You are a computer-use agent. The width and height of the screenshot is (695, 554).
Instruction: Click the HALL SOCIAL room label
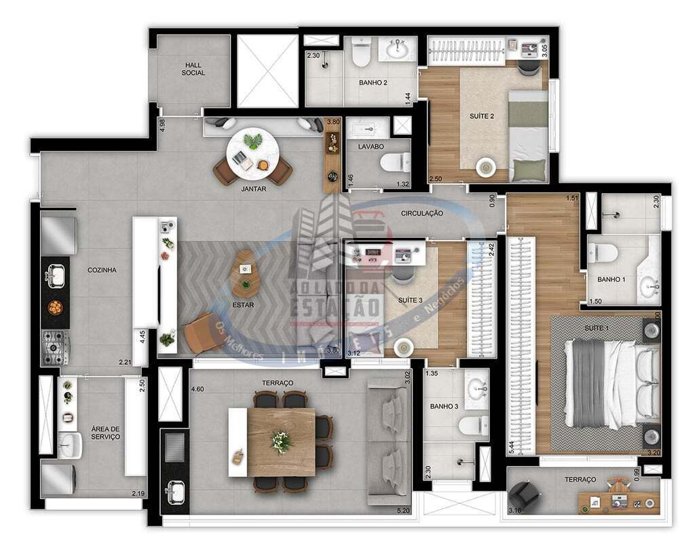(x=193, y=68)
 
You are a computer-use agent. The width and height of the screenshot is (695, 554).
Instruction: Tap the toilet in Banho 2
(x=360, y=54)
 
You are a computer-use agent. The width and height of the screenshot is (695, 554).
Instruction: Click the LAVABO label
(x=371, y=146)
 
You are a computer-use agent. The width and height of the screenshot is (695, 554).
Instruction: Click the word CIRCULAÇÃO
(x=421, y=213)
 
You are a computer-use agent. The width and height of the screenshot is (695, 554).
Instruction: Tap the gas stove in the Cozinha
(x=55, y=346)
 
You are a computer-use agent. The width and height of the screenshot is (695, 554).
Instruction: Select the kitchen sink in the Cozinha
(x=55, y=275)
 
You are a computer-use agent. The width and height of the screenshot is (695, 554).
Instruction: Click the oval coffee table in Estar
(x=245, y=274)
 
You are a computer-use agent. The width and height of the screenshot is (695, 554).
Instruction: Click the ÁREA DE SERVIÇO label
(x=105, y=433)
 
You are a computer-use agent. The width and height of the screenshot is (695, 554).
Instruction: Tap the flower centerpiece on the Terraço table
(x=281, y=442)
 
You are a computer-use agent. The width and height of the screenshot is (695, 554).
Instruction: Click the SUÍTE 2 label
(x=482, y=116)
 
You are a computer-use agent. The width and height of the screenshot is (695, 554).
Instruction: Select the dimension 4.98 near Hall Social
(x=162, y=125)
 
